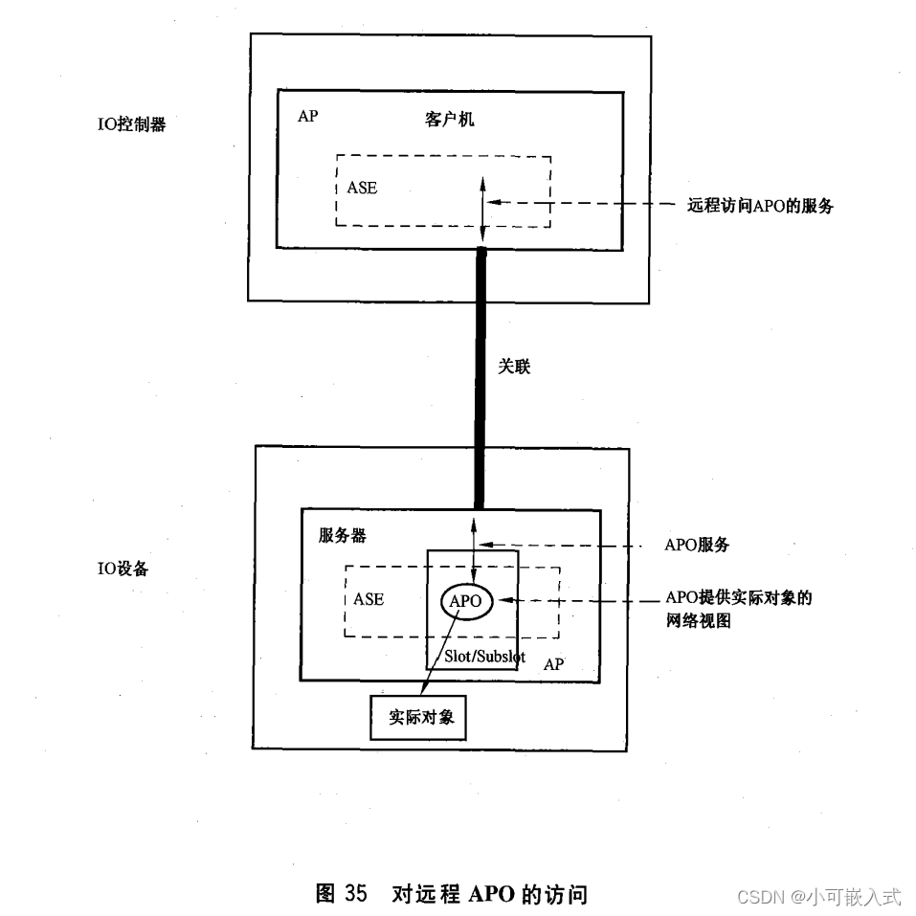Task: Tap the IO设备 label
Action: [x=123, y=568]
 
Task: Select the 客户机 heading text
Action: [x=449, y=120]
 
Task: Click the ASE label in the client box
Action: [x=362, y=188]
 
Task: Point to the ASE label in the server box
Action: [x=369, y=599]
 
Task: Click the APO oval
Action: [x=465, y=601]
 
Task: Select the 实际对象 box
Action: [x=417, y=717]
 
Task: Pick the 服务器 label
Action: [x=343, y=534]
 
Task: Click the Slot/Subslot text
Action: [x=485, y=658]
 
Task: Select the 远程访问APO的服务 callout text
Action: [x=760, y=204]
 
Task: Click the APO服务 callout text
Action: [x=697, y=545]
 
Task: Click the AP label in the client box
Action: [x=307, y=116]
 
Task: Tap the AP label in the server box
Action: [x=553, y=663]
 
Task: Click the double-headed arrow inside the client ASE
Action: [x=483, y=206]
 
